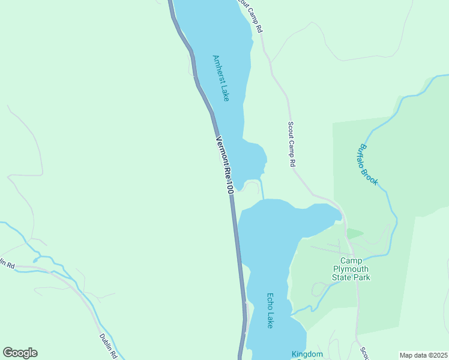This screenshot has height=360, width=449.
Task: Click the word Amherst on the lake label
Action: (x=218, y=69)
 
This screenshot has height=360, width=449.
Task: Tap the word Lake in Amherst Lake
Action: (x=224, y=92)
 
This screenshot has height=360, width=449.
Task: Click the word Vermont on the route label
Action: (x=221, y=151)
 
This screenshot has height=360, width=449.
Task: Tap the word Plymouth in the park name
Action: (x=352, y=269)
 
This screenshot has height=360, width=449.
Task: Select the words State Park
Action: (x=352, y=277)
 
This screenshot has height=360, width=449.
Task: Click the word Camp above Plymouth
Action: (x=352, y=260)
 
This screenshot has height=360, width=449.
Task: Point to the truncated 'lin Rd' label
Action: (x=7, y=264)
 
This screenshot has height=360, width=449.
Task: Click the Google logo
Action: (x=20, y=353)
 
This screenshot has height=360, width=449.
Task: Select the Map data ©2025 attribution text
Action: (x=423, y=355)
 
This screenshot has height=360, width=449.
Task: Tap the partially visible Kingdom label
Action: (x=307, y=355)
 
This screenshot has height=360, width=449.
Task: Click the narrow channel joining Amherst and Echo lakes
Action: (x=262, y=190)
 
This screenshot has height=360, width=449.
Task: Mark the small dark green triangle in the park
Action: (x=354, y=233)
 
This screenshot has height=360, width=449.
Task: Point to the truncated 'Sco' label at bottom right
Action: (x=364, y=352)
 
